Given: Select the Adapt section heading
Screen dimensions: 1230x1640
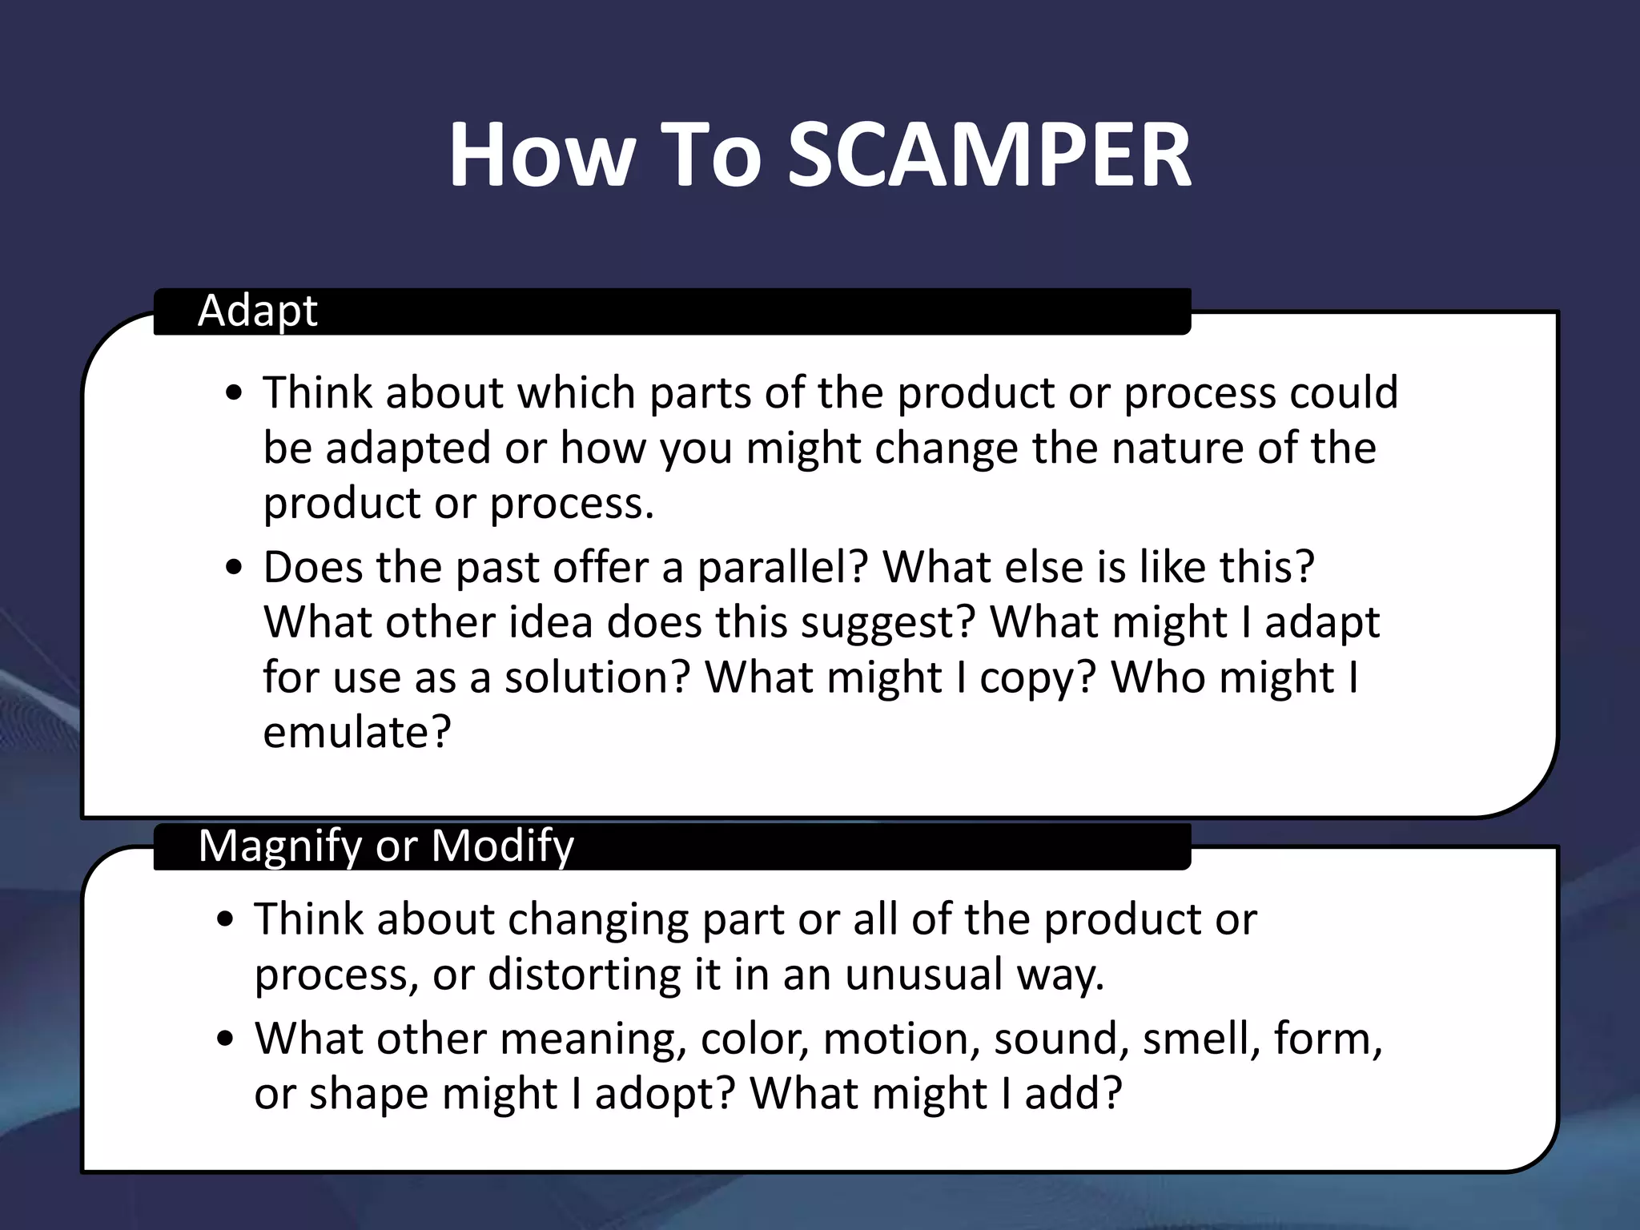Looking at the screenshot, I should click(257, 311).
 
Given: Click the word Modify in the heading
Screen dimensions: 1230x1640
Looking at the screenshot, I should click(502, 846).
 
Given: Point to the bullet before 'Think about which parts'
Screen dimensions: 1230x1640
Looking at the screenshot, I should click(234, 394).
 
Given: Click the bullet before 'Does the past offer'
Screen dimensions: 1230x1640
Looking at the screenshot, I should click(234, 569).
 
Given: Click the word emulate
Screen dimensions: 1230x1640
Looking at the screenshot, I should click(356, 732).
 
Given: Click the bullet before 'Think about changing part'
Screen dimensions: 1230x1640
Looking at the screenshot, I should click(225, 920).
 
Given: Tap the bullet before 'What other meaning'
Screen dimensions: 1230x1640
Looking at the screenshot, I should click(225, 1039).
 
